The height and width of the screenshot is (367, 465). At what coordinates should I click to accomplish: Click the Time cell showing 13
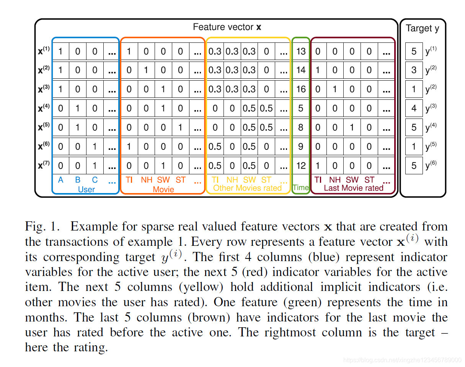[x=301, y=51]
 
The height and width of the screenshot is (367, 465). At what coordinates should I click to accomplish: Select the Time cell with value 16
[x=301, y=89]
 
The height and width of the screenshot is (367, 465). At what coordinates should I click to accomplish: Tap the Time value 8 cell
[x=301, y=128]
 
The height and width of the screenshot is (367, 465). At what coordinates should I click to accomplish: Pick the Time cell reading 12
[x=301, y=166]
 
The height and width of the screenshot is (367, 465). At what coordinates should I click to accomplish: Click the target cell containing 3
[x=414, y=70]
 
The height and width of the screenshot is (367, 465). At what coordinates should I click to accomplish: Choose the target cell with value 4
[x=414, y=109]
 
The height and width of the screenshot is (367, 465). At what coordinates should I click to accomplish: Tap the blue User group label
[x=86, y=189]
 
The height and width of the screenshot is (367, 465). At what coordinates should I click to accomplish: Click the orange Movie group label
[x=163, y=189]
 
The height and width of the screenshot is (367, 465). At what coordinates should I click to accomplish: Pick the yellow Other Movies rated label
[x=247, y=188]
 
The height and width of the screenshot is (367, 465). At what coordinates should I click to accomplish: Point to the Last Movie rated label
[x=353, y=188]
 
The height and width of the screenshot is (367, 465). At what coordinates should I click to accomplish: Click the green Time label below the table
[x=300, y=188]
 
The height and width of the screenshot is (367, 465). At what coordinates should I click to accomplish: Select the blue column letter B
[x=78, y=180]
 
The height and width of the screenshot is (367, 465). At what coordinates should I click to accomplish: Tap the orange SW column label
[x=163, y=180]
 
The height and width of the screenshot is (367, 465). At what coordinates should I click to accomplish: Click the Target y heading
[x=423, y=28]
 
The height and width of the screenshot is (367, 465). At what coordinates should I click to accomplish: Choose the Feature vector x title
[x=227, y=27]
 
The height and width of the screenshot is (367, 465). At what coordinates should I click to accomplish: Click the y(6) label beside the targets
[x=431, y=166]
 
